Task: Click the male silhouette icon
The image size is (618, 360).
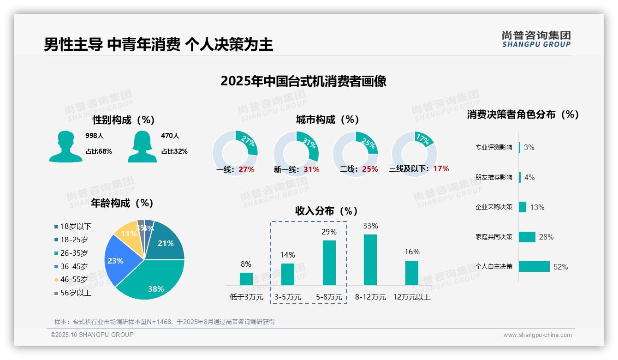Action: (65, 146)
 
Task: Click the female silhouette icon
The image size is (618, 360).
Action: (142, 146)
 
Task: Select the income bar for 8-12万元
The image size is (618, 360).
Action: (370, 260)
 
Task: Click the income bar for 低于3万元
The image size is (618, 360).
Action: (246, 279)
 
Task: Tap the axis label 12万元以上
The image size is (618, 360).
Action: (411, 297)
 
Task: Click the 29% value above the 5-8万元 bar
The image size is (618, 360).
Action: (329, 232)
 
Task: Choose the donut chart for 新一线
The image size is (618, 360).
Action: (296, 154)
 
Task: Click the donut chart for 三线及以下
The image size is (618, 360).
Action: (414, 154)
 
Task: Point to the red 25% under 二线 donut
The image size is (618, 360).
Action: (370, 169)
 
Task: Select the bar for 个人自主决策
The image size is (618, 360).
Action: (534, 266)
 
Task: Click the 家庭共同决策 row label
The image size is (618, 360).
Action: (493, 237)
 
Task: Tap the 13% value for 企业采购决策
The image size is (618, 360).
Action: (537, 207)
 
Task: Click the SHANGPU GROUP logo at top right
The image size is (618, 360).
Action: (536, 39)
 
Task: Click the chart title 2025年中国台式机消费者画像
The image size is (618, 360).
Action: (303, 81)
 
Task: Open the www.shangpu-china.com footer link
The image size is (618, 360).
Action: (537, 335)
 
